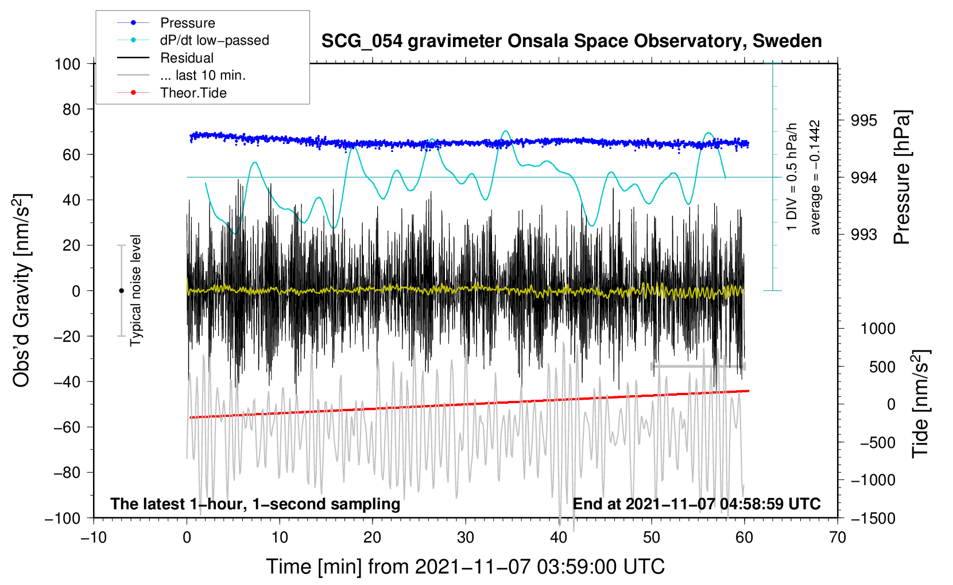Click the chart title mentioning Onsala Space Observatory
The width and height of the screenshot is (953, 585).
pos(571,41)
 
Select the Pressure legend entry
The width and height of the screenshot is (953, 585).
pos(187,23)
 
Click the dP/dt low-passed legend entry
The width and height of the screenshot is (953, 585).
pos(214,40)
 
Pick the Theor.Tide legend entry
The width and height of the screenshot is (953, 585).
pos(193,93)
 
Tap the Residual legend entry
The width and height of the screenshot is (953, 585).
pos(187,58)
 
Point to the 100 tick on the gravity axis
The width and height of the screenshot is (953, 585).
pos(67,64)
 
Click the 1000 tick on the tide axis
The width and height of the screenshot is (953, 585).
pos(878,329)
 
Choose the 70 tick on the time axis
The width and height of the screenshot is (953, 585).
pos(838,537)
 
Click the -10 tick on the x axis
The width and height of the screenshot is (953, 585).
pos(94,537)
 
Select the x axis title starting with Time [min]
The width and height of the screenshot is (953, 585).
pos(465,567)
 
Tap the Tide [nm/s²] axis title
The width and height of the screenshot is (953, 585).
pos(920,404)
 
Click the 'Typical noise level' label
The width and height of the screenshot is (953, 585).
pos(135,291)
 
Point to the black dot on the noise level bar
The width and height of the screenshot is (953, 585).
pos(121,291)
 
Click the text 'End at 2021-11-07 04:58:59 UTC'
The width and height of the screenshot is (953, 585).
pos(696,504)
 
